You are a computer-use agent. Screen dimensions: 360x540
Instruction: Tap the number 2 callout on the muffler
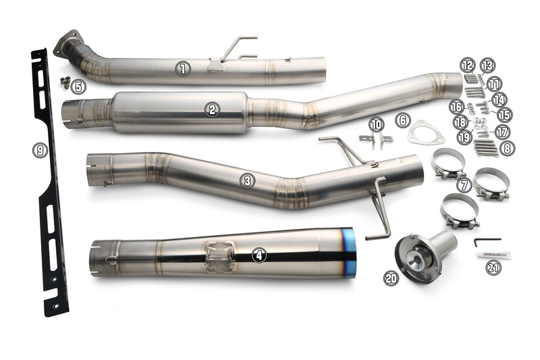tap(213, 109)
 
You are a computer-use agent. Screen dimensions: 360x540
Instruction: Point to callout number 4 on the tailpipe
tap(259, 255)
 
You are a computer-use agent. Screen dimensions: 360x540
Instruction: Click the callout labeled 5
tap(79, 86)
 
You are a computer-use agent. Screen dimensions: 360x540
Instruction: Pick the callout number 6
tap(402, 120)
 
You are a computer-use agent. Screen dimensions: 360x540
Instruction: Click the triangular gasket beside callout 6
tap(425, 132)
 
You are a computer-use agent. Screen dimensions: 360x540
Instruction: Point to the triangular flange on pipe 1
tap(67, 43)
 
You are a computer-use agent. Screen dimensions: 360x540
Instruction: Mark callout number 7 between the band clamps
tap(463, 184)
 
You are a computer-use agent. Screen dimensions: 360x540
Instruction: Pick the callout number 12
tap(467, 65)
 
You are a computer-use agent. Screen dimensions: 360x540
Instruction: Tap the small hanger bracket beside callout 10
tap(376, 139)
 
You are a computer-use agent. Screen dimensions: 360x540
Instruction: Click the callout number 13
tap(487, 66)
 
